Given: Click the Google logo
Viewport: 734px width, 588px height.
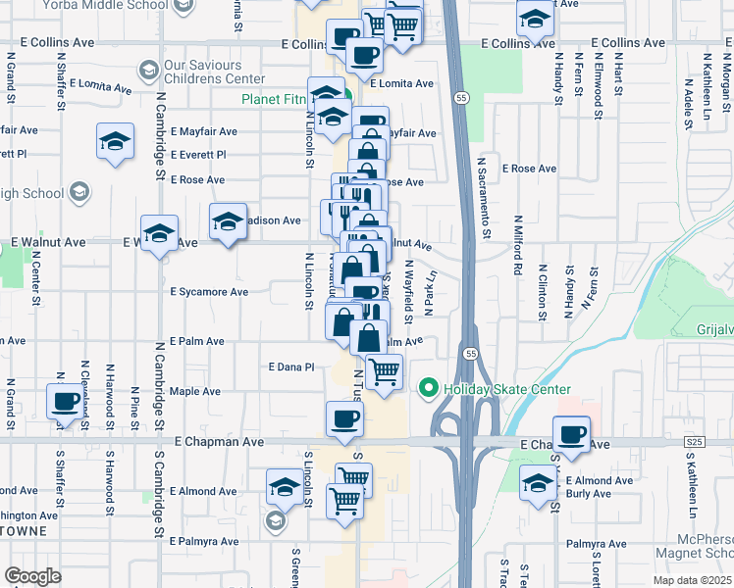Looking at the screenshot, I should (32, 576).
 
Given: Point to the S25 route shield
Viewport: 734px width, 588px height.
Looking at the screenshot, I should (695, 444).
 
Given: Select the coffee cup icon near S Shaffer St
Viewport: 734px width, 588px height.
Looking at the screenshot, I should (67, 402).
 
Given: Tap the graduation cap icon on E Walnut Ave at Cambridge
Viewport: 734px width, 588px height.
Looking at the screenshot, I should (159, 234).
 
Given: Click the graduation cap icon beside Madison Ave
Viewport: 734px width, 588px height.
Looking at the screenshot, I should (228, 221).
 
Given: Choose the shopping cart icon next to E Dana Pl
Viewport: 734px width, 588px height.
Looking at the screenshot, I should (384, 371).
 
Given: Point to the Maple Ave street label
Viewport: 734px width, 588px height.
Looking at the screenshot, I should (195, 391).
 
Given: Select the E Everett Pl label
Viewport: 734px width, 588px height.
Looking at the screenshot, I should (197, 155).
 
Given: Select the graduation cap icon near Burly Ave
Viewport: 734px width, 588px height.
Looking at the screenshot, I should (537, 482).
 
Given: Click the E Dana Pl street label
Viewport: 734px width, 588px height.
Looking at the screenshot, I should (290, 367).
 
